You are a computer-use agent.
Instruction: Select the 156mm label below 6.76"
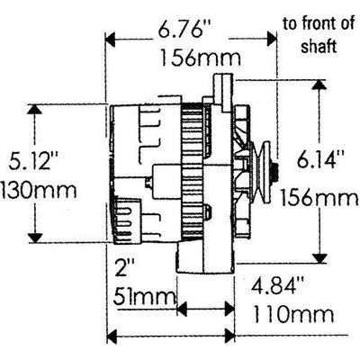[201, 58]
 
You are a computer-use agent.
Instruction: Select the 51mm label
[144, 297]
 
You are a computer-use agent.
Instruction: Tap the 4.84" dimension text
[278, 286]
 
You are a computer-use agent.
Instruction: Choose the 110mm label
[293, 314]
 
